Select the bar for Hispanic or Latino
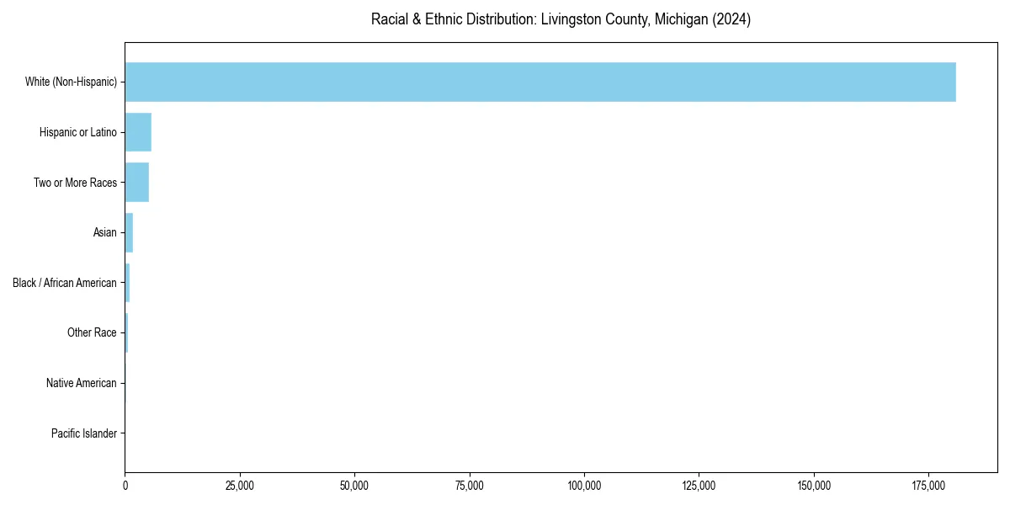point(138,132)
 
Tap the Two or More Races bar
point(137,182)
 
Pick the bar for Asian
point(129,232)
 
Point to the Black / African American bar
point(127,283)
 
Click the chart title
point(561,19)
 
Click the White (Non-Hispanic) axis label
point(71,82)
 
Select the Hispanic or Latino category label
point(78,132)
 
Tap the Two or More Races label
point(75,183)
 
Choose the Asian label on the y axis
point(104,232)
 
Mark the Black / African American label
point(65,283)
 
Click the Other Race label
point(92,332)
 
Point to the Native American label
point(82,383)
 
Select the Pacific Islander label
point(84,433)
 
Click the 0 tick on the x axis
point(125,486)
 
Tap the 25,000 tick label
point(240,486)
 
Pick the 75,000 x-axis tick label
point(470,486)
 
